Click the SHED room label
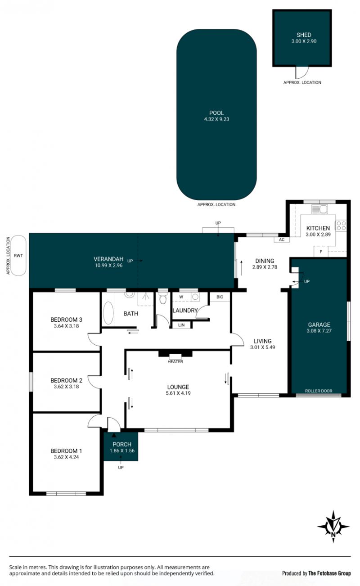[303, 35]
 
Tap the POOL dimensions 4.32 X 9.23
[216, 119]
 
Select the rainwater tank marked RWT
[18, 255]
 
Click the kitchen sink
[319, 209]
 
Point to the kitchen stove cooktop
[341, 225]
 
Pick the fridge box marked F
[321, 252]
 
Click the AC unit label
[282, 239]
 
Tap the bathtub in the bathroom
[108, 313]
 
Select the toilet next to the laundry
[163, 298]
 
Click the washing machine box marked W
[181, 297]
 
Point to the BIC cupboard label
[220, 297]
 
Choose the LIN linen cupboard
[181, 325]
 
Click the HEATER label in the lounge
[175, 361]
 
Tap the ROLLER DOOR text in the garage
[319, 391]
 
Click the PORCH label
[122, 444]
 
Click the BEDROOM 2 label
[66, 380]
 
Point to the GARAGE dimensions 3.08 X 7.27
[319, 331]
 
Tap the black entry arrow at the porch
[114, 435]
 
